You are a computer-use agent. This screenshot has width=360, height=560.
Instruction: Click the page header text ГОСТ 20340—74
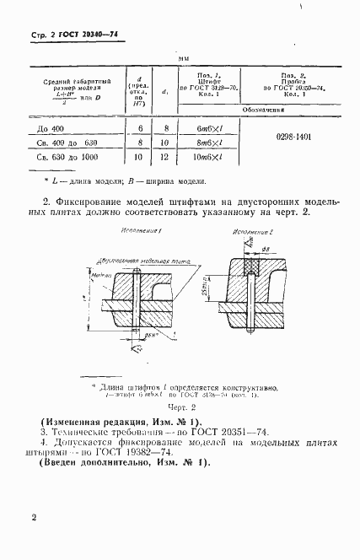pos(77,35)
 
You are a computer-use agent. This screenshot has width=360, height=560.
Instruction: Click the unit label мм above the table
pos(183,57)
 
